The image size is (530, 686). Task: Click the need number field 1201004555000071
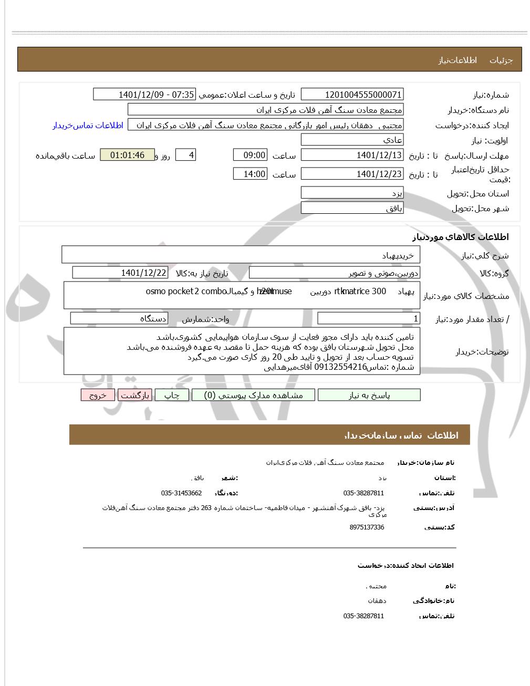click(352, 95)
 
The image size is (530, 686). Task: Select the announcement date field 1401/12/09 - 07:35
click(144, 95)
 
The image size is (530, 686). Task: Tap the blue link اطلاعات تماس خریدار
click(88, 126)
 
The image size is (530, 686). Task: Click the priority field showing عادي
click(352, 140)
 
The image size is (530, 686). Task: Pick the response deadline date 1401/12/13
click(352, 155)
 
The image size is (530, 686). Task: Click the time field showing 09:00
click(250, 155)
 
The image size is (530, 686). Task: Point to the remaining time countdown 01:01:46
click(127, 155)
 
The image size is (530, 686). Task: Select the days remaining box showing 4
click(185, 155)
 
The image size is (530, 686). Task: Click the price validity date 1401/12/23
click(352, 174)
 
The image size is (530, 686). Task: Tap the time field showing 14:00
click(250, 174)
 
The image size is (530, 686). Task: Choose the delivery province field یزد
click(352, 193)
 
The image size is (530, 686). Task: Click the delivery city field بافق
click(352, 209)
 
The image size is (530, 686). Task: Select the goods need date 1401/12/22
click(120, 273)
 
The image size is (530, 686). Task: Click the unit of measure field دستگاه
click(119, 319)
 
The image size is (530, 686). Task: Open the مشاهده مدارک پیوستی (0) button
click(254, 396)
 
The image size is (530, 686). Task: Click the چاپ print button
click(172, 396)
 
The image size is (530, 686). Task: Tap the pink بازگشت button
click(135, 396)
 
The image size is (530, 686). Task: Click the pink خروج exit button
click(98, 396)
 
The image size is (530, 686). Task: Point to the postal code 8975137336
click(366, 527)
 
